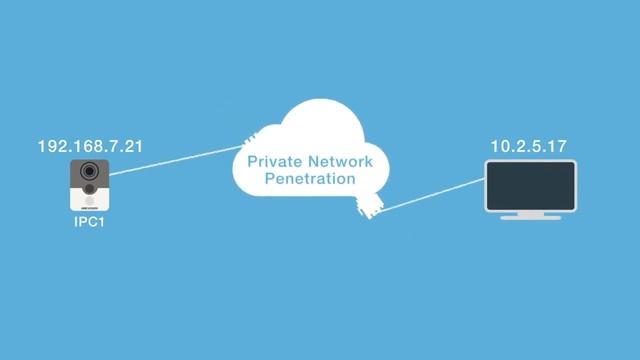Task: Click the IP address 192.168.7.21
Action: pos(90,147)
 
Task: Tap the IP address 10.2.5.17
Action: pos(529,147)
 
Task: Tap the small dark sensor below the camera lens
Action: pos(90,189)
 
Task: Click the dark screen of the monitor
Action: pos(530,183)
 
